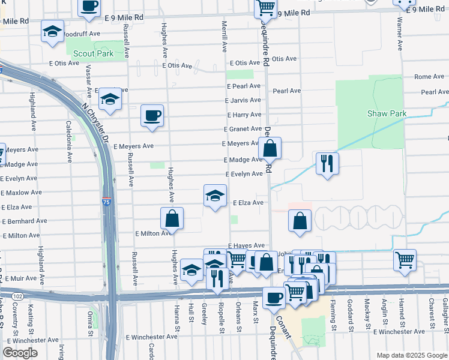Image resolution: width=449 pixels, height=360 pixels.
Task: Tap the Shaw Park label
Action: [387, 113]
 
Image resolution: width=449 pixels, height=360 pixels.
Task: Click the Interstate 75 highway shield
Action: [106, 203]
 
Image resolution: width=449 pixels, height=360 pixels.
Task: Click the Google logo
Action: [20, 353]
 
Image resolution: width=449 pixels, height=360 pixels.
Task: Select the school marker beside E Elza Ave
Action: [215, 196]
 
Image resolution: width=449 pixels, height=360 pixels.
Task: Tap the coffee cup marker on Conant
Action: [274, 298]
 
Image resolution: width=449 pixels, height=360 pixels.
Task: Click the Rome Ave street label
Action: [429, 77]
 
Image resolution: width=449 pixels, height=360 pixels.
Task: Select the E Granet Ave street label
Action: [243, 129]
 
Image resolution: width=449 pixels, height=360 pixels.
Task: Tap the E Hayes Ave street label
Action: [246, 246]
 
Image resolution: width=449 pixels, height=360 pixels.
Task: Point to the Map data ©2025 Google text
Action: [411, 355]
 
